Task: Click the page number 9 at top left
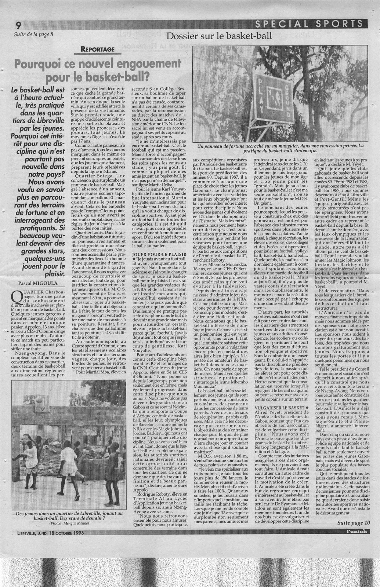click(18, 25)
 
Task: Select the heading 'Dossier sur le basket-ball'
click(219, 36)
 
